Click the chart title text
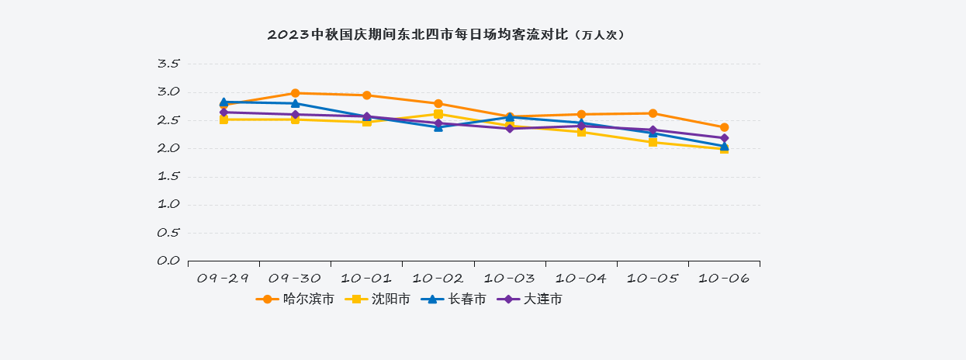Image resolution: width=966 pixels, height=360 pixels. (x=445, y=35)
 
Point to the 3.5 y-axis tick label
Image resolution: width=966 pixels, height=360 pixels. (x=168, y=64)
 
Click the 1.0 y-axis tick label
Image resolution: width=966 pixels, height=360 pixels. (x=168, y=204)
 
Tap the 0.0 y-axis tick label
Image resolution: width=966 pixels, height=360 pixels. (x=168, y=261)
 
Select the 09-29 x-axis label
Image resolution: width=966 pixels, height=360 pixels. (x=223, y=278)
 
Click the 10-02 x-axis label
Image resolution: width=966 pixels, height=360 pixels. (x=438, y=278)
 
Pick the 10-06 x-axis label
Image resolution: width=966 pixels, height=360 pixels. (x=724, y=278)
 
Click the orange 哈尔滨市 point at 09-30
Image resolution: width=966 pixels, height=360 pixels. (x=296, y=93)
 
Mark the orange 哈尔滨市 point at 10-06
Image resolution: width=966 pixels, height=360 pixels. (x=724, y=127)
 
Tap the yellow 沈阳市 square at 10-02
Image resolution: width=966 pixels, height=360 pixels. (x=438, y=114)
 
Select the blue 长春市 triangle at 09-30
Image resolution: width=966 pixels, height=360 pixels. (x=296, y=103)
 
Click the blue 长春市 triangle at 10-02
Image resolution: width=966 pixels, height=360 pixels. (x=438, y=126)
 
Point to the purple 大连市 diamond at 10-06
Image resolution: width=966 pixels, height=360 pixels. (x=724, y=138)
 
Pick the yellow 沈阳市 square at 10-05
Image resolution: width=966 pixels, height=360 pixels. (x=653, y=142)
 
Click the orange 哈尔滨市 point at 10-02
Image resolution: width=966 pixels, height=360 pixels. (x=438, y=103)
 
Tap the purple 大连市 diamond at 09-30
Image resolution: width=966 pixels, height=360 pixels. (x=296, y=115)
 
